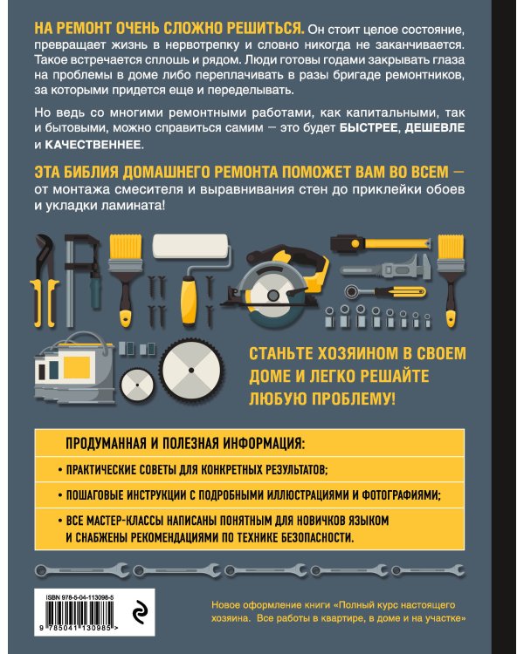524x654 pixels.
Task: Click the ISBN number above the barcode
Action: click(x=86, y=594)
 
